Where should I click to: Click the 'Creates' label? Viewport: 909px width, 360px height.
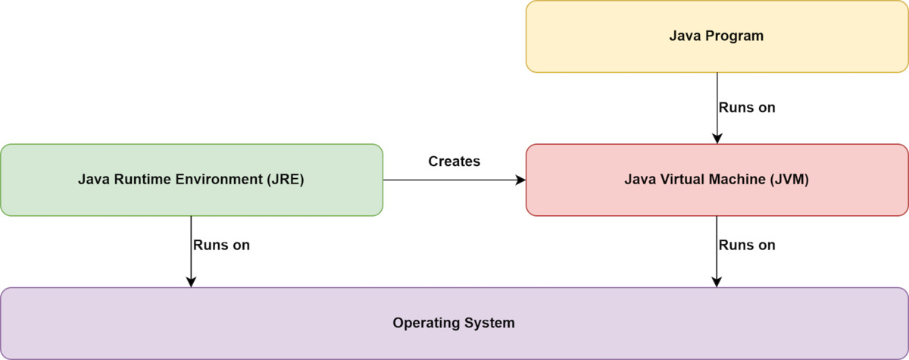click(454, 161)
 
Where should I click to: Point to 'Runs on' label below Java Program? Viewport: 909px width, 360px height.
click(747, 108)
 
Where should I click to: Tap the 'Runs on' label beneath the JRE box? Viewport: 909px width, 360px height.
click(221, 246)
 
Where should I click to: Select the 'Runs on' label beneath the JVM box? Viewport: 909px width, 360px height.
click(747, 246)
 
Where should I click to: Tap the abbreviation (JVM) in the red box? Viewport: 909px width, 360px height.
click(789, 180)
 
